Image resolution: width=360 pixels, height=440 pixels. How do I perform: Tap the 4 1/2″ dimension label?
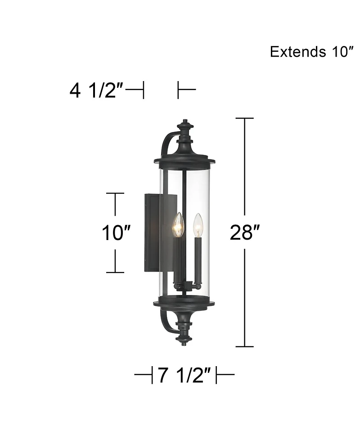pos(96,91)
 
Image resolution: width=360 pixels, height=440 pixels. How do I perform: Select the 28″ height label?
pos(245,232)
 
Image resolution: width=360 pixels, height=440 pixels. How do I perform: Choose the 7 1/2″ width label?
pos(184,375)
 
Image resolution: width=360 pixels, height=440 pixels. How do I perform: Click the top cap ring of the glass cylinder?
pos(184,159)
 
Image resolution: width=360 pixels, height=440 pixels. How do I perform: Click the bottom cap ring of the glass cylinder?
pos(184,302)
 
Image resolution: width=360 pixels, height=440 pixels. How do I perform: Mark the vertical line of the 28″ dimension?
pos(245,180)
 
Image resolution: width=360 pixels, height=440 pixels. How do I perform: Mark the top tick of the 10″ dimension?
pos(116,193)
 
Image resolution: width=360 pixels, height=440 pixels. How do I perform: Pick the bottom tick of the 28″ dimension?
pos(245,346)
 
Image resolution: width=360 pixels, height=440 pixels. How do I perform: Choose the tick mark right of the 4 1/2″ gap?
pos(179,90)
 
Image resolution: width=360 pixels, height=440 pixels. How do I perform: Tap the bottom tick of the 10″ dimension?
pos(116,272)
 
